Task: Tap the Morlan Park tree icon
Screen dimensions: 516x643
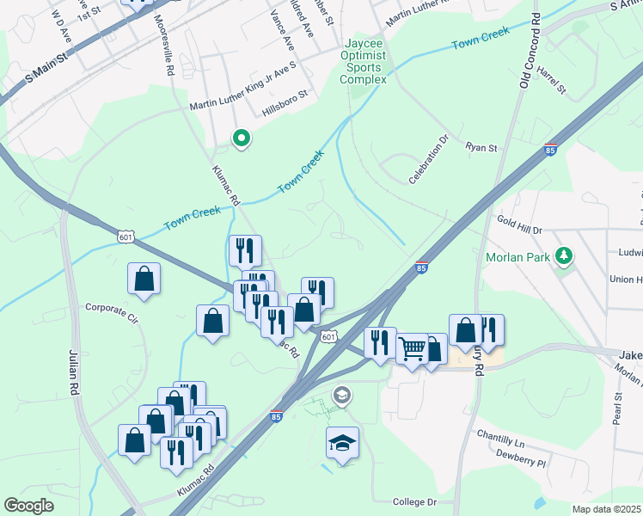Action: pos(564,255)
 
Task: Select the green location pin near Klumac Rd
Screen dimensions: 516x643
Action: pos(242,138)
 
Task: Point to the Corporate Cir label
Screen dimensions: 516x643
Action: pos(112,307)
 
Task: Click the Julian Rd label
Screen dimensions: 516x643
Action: pos(72,371)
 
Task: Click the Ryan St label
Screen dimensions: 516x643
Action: pos(481,148)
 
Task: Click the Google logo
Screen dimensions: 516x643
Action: pos(29,505)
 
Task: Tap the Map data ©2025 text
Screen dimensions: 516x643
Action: pos(606,509)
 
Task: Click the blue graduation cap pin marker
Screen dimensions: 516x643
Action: pos(342,444)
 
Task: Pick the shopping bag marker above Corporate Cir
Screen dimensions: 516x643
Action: pos(144,279)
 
